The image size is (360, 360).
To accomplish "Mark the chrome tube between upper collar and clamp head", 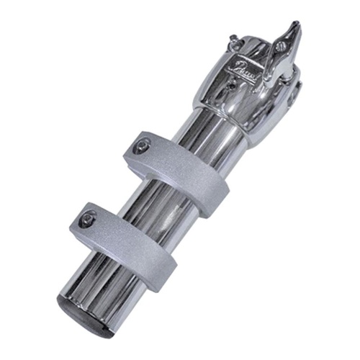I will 216,137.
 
